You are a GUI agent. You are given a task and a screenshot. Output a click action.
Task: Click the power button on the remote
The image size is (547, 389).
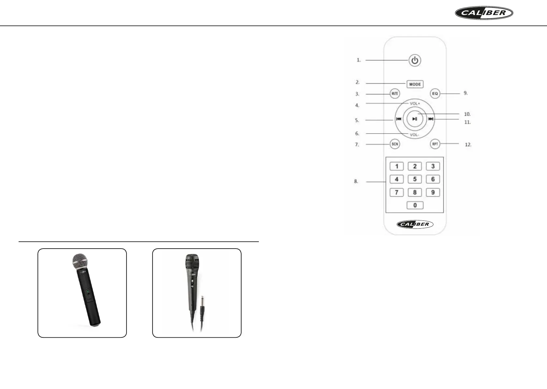point(415,60)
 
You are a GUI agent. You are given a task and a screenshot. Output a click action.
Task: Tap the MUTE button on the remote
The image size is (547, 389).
point(395,93)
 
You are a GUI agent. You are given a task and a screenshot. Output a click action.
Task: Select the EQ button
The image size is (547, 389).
point(435,93)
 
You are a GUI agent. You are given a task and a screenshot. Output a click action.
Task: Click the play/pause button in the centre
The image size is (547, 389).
point(415,119)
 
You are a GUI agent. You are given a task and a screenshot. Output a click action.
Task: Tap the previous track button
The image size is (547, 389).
point(399,119)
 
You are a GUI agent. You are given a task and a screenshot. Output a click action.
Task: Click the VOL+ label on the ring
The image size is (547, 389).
point(415,104)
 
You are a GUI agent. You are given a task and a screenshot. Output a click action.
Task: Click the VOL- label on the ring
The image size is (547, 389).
point(414,135)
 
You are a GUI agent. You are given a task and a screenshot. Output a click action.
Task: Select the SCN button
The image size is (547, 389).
point(395,144)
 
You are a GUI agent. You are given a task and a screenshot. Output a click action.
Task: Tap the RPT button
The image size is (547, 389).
point(435,144)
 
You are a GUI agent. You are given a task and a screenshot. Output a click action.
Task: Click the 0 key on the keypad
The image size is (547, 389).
point(415,205)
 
